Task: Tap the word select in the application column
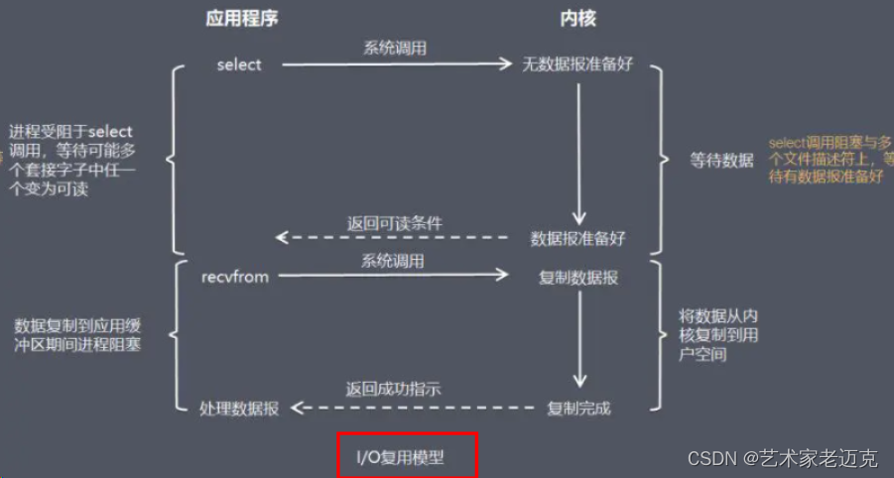click(x=239, y=65)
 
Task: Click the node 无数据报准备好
click(x=577, y=65)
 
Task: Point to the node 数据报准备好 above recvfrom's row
click(x=578, y=238)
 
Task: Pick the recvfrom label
click(x=234, y=277)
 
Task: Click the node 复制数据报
click(x=577, y=278)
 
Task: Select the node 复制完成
click(x=578, y=408)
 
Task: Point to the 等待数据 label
click(x=721, y=161)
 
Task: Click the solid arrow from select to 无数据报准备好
click(x=397, y=65)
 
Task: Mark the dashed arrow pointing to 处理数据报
click(x=402, y=408)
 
